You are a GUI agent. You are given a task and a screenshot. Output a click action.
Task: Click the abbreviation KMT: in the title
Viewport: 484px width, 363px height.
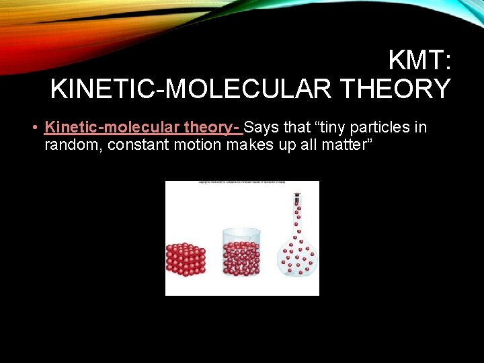click(419, 62)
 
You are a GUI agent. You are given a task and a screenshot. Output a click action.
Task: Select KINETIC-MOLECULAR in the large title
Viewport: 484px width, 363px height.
click(191, 89)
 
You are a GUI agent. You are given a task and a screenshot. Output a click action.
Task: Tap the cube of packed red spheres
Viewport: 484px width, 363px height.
click(186, 257)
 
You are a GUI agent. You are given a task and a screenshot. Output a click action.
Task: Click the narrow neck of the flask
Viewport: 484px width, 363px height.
click(296, 218)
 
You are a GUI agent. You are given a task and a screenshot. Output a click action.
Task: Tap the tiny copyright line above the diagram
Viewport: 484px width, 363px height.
click(242, 184)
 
